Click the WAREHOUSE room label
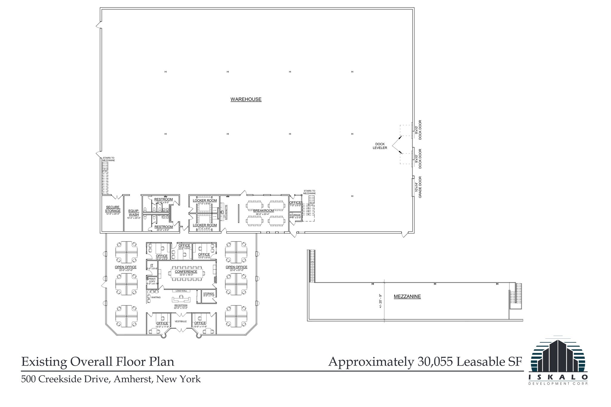pyautogui.click(x=246, y=99)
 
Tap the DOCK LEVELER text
pyautogui.click(x=380, y=146)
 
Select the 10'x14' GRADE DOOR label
pyautogui.click(x=418, y=187)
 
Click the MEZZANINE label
pyautogui.click(x=407, y=296)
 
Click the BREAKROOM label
pyautogui.click(x=263, y=211)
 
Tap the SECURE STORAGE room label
pyautogui.click(x=113, y=209)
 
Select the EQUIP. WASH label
pyautogui.click(x=134, y=213)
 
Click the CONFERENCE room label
pyautogui.click(x=186, y=272)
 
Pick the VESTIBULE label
pyautogui.click(x=181, y=321)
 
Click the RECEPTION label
pyautogui.click(x=181, y=305)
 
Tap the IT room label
pyautogui.click(x=152, y=265)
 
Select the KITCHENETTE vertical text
pyautogui.click(x=226, y=212)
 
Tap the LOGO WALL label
pyautogui.click(x=181, y=291)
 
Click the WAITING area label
pyautogui.click(x=156, y=297)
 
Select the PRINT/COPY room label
pyautogui.click(x=152, y=280)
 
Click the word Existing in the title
pyautogui.click(x=44, y=362)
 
